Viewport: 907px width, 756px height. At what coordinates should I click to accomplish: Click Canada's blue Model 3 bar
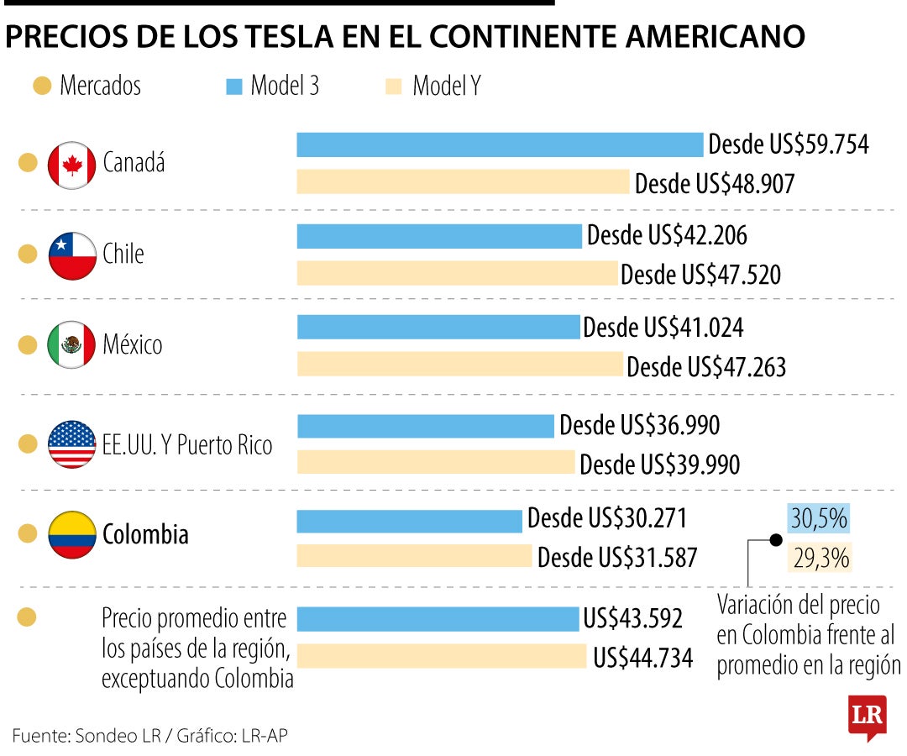click(x=500, y=144)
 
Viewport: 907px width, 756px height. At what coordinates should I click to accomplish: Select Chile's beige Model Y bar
click(x=458, y=274)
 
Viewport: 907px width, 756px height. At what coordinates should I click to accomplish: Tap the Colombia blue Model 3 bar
click(x=410, y=521)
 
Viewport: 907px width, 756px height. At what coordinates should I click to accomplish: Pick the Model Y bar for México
click(x=460, y=365)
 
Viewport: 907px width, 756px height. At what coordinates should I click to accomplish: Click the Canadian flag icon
click(x=71, y=164)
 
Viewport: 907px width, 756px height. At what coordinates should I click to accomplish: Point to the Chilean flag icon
click(x=71, y=255)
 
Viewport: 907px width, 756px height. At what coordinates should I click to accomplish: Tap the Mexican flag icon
click(x=71, y=345)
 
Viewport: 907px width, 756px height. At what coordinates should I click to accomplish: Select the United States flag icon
click(x=71, y=444)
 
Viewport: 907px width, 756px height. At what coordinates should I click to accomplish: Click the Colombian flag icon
click(x=71, y=534)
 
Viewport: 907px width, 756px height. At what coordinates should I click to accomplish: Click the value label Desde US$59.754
click(x=788, y=144)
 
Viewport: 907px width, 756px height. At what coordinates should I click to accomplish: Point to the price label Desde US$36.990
click(x=639, y=426)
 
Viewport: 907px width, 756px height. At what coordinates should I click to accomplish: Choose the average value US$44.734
click(x=642, y=658)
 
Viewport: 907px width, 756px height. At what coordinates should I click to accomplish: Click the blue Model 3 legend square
click(x=235, y=86)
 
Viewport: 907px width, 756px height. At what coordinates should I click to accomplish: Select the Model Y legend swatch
click(x=393, y=86)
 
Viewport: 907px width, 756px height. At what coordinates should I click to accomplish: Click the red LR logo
click(x=867, y=717)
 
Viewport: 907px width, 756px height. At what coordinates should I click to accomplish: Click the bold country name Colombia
click(x=145, y=534)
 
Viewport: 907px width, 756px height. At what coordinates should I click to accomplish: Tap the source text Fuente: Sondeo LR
click(x=84, y=736)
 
